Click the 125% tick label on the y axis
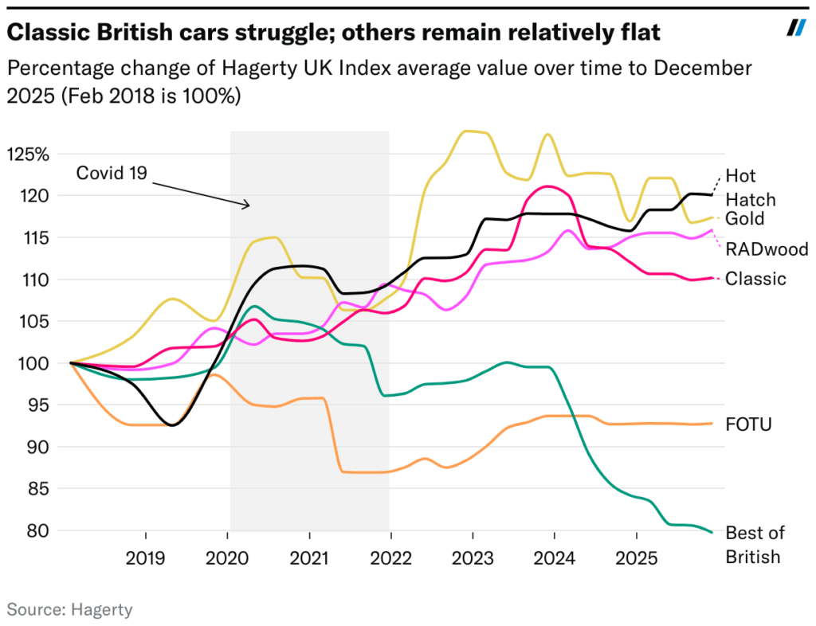point(27,153)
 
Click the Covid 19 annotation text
point(112,173)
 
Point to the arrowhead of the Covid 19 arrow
point(249,206)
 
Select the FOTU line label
point(749,424)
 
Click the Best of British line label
point(754,545)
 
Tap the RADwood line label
point(767,250)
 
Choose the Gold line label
point(744,219)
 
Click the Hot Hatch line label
point(750,188)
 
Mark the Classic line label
point(755,279)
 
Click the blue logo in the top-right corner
point(796,29)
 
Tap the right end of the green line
point(712,532)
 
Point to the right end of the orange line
point(712,424)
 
